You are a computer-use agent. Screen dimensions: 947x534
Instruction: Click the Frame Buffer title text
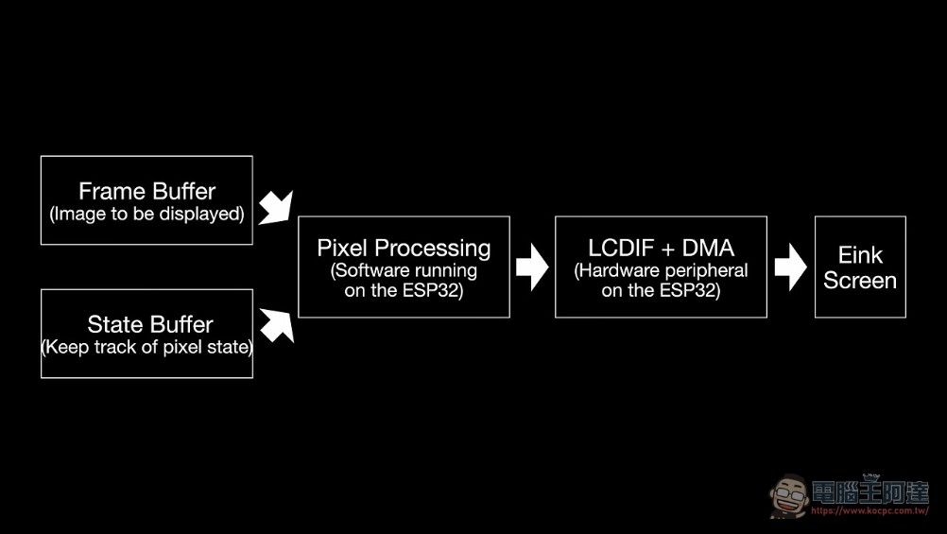click(x=146, y=192)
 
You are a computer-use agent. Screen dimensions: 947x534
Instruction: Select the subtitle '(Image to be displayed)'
click(x=146, y=214)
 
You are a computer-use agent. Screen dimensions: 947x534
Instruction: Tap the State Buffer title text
click(x=150, y=324)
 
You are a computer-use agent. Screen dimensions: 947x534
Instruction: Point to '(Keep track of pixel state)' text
click(x=146, y=347)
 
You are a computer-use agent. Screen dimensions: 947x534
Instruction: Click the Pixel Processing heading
click(x=405, y=249)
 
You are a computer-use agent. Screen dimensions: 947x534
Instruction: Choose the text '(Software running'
click(x=404, y=270)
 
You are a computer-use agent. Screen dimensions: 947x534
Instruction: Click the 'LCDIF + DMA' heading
click(x=662, y=248)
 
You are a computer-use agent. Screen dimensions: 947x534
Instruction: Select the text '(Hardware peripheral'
click(x=661, y=270)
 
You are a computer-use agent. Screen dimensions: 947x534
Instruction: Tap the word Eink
click(x=860, y=255)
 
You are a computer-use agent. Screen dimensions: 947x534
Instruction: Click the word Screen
click(x=860, y=281)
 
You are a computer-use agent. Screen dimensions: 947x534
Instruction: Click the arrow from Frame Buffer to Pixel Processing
click(x=276, y=208)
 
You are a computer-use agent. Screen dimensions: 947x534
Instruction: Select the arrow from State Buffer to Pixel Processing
click(x=277, y=325)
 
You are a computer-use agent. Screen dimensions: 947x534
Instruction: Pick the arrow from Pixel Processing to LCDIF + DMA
click(x=532, y=267)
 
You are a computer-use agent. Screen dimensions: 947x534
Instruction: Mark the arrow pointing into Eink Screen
click(x=790, y=267)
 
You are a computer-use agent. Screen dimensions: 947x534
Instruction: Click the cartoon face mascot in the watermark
click(x=789, y=496)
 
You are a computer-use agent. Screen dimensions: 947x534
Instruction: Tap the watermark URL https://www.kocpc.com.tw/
click(x=870, y=511)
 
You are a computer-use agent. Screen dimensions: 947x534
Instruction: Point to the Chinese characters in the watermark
click(x=870, y=492)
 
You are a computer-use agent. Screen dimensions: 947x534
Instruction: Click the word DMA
click(x=709, y=248)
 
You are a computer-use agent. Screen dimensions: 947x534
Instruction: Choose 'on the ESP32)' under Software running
click(x=404, y=290)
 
